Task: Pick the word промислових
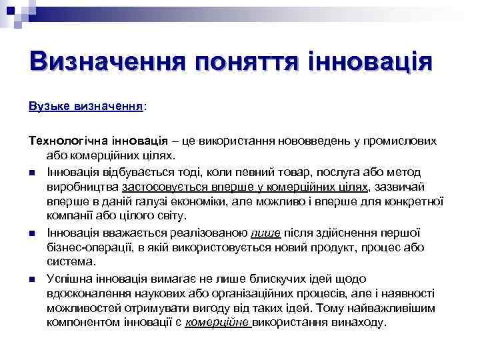407,141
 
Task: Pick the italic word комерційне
216,322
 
